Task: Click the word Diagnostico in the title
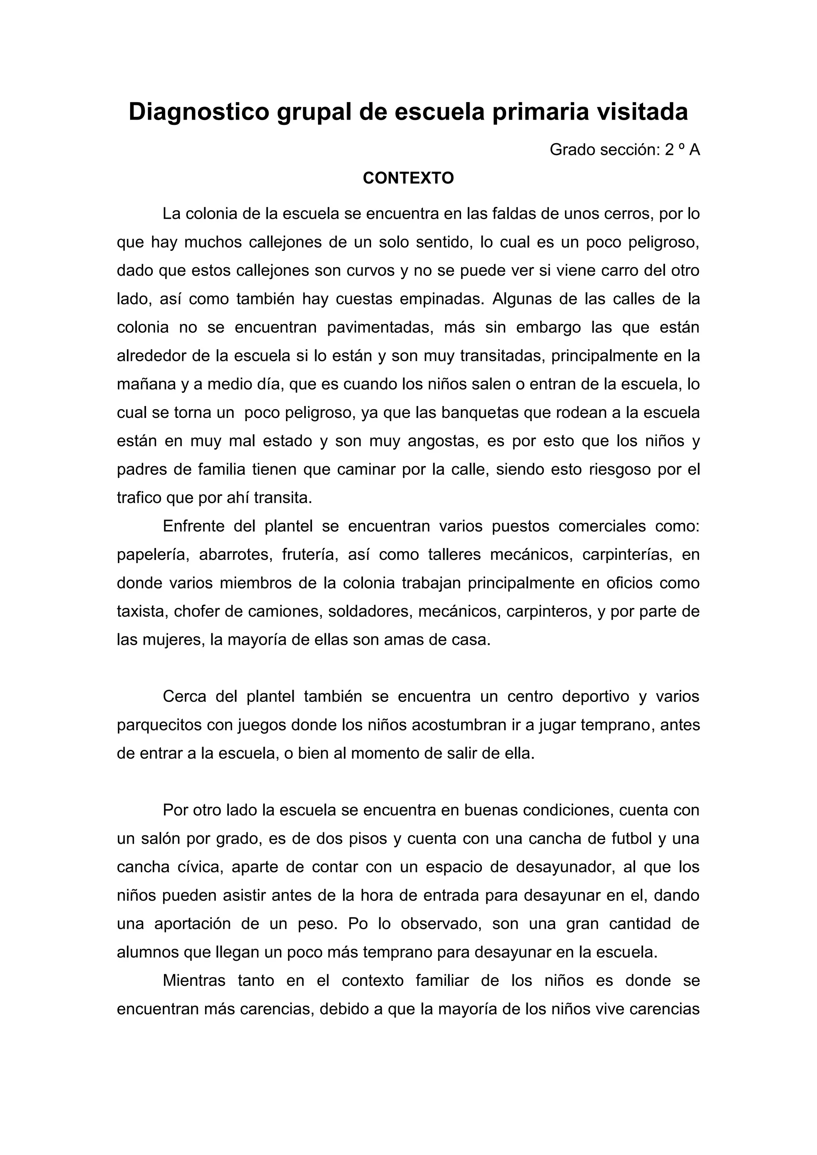(199, 111)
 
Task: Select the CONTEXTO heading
(408, 178)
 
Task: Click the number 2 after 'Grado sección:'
(669, 150)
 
